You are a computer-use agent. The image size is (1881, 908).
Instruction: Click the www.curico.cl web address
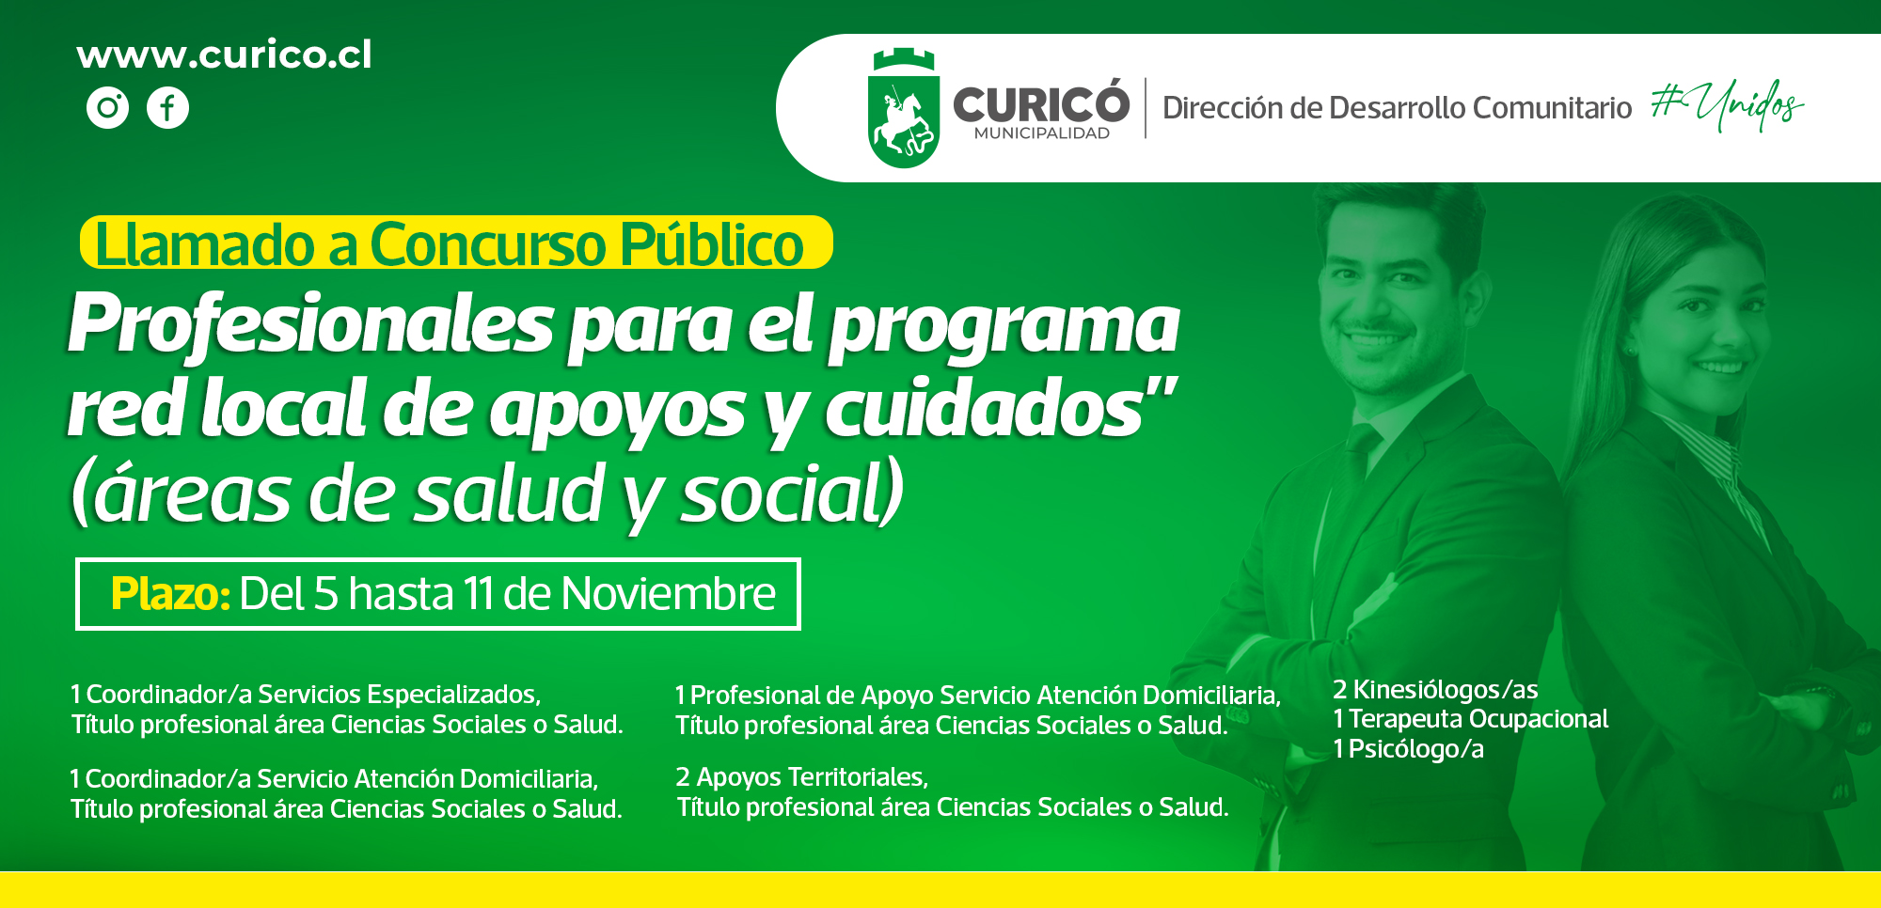coord(224,55)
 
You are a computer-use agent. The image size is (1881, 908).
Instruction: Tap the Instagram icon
coord(108,107)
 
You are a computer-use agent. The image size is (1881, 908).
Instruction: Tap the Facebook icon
coord(167,107)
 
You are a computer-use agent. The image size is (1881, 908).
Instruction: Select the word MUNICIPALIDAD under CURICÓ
coord(1042,133)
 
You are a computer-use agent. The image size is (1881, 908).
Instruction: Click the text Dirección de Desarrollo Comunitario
coord(1397,108)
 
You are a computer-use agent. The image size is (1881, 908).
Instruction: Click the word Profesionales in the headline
coord(310,324)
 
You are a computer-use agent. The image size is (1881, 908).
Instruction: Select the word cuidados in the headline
coord(984,410)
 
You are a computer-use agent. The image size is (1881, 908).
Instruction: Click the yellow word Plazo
coord(170,594)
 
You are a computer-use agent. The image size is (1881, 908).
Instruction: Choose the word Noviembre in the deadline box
coord(669,594)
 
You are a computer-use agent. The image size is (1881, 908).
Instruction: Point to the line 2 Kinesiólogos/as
coord(1435,690)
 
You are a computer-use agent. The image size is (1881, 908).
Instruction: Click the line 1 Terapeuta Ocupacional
coord(1471,719)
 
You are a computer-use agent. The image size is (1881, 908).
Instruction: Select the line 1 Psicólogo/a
coord(1409,749)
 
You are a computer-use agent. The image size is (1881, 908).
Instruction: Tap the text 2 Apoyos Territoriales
coord(802,777)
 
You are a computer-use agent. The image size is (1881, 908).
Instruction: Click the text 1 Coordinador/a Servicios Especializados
coord(306,695)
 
